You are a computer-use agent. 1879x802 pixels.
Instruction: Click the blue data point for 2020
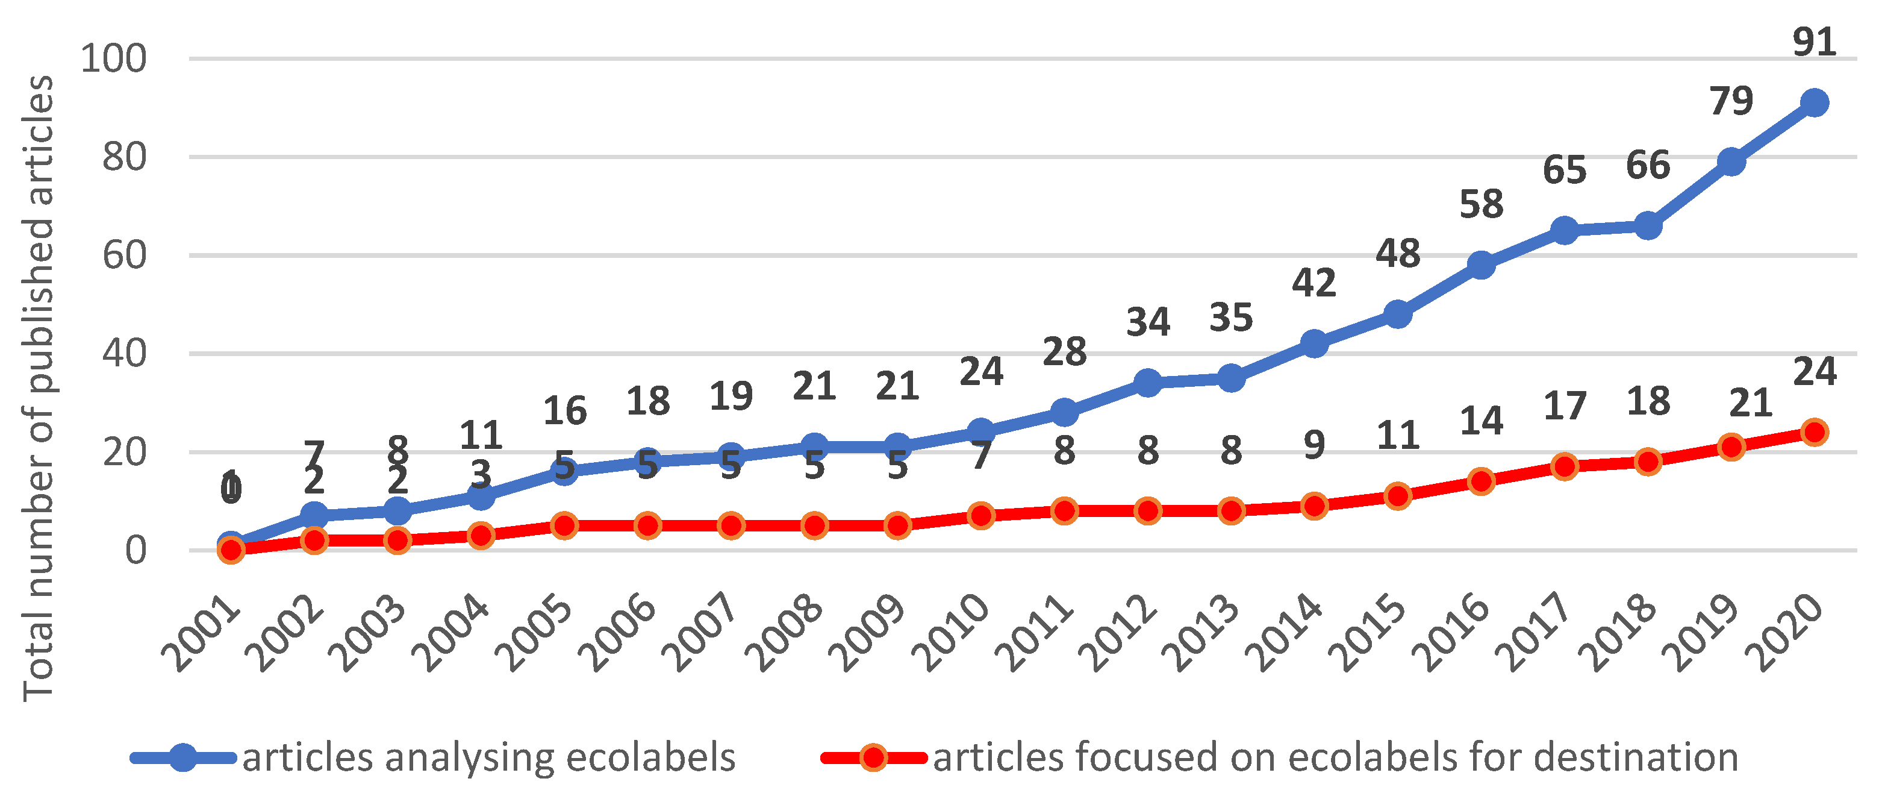(x=1814, y=103)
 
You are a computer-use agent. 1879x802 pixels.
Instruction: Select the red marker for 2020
(x=1814, y=432)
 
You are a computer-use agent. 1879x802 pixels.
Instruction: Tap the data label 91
(x=1814, y=42)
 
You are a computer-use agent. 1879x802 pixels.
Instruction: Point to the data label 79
(x=1731, y=101)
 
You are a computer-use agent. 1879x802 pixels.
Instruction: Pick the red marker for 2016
(x=1481, y=481)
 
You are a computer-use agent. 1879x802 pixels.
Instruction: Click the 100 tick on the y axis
(x=114, y=58)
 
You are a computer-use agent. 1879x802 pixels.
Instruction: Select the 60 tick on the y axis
(x=124, y=255)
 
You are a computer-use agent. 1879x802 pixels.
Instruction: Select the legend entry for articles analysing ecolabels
(x=488, y=757)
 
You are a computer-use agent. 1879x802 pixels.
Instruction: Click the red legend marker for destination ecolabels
(x=873, y=757)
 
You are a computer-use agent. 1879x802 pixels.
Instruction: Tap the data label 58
(x=1481, y=204)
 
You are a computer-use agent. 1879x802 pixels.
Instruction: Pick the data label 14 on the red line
(x=1481, y=421)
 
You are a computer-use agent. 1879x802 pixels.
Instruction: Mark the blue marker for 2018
(x=1648, y=226)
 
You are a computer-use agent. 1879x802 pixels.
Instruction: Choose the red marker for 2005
(x=564, y=525)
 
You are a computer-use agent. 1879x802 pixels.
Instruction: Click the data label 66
(x=1648, y=166)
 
